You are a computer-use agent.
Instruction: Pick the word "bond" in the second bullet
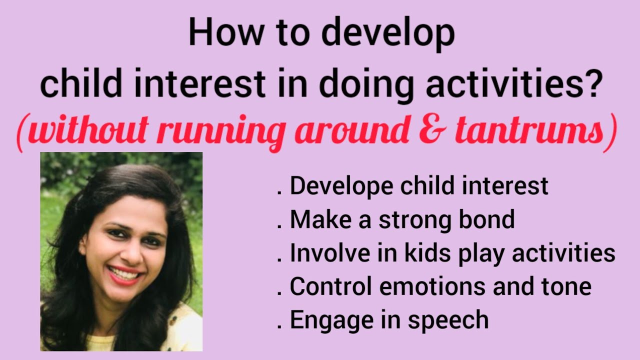(490, 219)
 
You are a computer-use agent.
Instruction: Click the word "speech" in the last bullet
(448, 320)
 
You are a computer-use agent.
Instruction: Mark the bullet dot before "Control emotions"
(278, 293)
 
